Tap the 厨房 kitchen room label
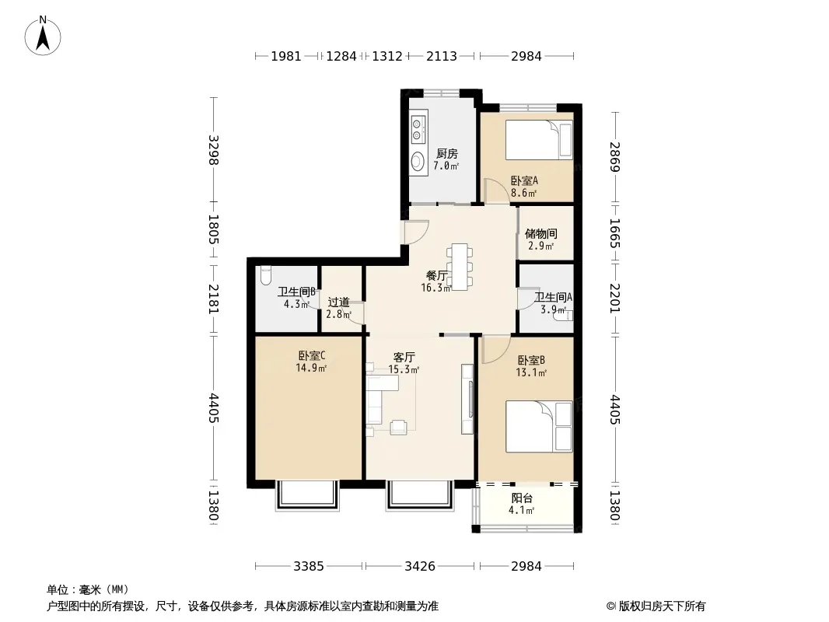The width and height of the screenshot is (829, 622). (x=446, y=154)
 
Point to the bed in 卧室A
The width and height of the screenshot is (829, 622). (x=539, y=139)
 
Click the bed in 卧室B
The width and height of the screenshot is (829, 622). (x=539, y=427)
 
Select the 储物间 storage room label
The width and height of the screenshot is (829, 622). (x=540, y=233)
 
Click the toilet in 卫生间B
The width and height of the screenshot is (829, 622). (x=265, y=274)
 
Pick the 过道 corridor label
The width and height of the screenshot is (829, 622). (x=338, y=302)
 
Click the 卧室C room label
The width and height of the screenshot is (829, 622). (x=311, y=355)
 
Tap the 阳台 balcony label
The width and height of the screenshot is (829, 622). (x=522, y=498)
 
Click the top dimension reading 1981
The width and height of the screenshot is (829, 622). (x=286, y=56)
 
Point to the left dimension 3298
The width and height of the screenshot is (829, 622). (x=213, y=150)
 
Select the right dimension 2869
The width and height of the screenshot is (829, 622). (x=614, y=156)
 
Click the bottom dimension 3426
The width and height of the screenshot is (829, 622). (x=420, y=567)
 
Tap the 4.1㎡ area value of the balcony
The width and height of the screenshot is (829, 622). (x=521, y=511)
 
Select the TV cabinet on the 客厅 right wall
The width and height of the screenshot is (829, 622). (x=467, y=399)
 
